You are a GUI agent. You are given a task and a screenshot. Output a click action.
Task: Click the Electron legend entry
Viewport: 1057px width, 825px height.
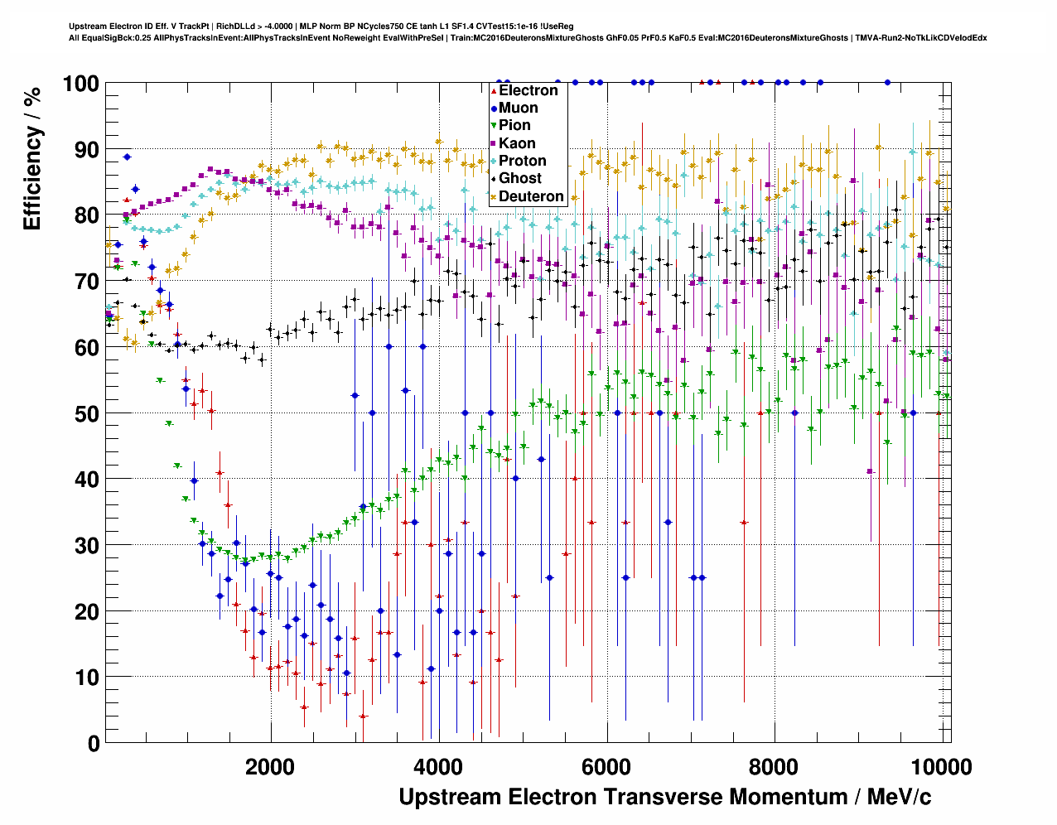click(x=528, y=90)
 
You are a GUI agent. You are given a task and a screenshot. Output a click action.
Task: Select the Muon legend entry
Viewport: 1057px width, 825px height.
click(x=518, y=108)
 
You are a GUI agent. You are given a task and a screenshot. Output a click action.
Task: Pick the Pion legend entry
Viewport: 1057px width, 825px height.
click(x=514, y=125)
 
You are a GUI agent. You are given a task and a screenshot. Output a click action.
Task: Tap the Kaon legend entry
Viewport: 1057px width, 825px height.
click(x=517, y=143)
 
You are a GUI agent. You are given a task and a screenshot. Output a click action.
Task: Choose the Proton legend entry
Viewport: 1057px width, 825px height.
click(x=522, y=161)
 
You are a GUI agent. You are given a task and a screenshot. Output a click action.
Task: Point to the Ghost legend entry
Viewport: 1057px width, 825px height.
click(x=519, y=178)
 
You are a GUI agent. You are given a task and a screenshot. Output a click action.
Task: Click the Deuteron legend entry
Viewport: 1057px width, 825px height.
click(x=530, y=196)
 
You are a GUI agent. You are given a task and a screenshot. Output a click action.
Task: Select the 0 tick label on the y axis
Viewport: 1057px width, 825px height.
click(x=93, y=744)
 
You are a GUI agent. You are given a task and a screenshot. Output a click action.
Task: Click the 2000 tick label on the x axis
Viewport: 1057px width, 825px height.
click(x=270, y=767)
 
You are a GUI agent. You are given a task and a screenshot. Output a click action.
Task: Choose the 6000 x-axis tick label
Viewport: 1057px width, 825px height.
click(x=607, y=767)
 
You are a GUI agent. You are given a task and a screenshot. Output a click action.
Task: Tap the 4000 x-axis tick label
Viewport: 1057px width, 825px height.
click(x=438, y=767)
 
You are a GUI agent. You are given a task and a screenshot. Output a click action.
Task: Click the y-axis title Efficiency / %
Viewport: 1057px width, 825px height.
click(x=32, y=158)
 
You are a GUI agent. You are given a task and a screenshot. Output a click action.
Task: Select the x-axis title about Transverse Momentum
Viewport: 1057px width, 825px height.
click(x=664, y=798)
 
